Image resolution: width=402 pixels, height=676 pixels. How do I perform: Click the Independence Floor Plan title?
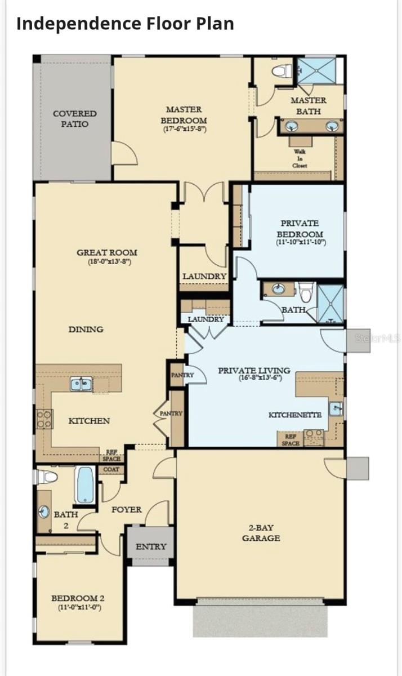124,24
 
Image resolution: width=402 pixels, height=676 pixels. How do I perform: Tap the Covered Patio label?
74,119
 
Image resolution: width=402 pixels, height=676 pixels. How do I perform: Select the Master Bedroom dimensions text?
184,129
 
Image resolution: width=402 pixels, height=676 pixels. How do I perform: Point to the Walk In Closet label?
300,159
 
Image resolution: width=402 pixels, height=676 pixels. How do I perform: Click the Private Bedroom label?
300,229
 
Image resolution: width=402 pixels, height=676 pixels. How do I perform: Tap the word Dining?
86,329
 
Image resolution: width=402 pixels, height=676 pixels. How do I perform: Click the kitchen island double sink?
81,384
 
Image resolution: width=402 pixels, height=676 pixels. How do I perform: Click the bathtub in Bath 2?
86,484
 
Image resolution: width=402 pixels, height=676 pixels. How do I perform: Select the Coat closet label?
111,470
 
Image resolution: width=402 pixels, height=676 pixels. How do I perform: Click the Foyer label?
126,509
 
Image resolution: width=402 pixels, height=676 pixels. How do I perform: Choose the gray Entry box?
150,546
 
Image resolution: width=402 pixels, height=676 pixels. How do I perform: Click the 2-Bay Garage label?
261,533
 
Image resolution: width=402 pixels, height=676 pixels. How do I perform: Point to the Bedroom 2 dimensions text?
78,608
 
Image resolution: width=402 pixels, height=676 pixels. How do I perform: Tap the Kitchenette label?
294,415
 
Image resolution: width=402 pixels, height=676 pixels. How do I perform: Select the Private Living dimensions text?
254,378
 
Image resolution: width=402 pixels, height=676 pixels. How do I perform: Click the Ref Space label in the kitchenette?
291,439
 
